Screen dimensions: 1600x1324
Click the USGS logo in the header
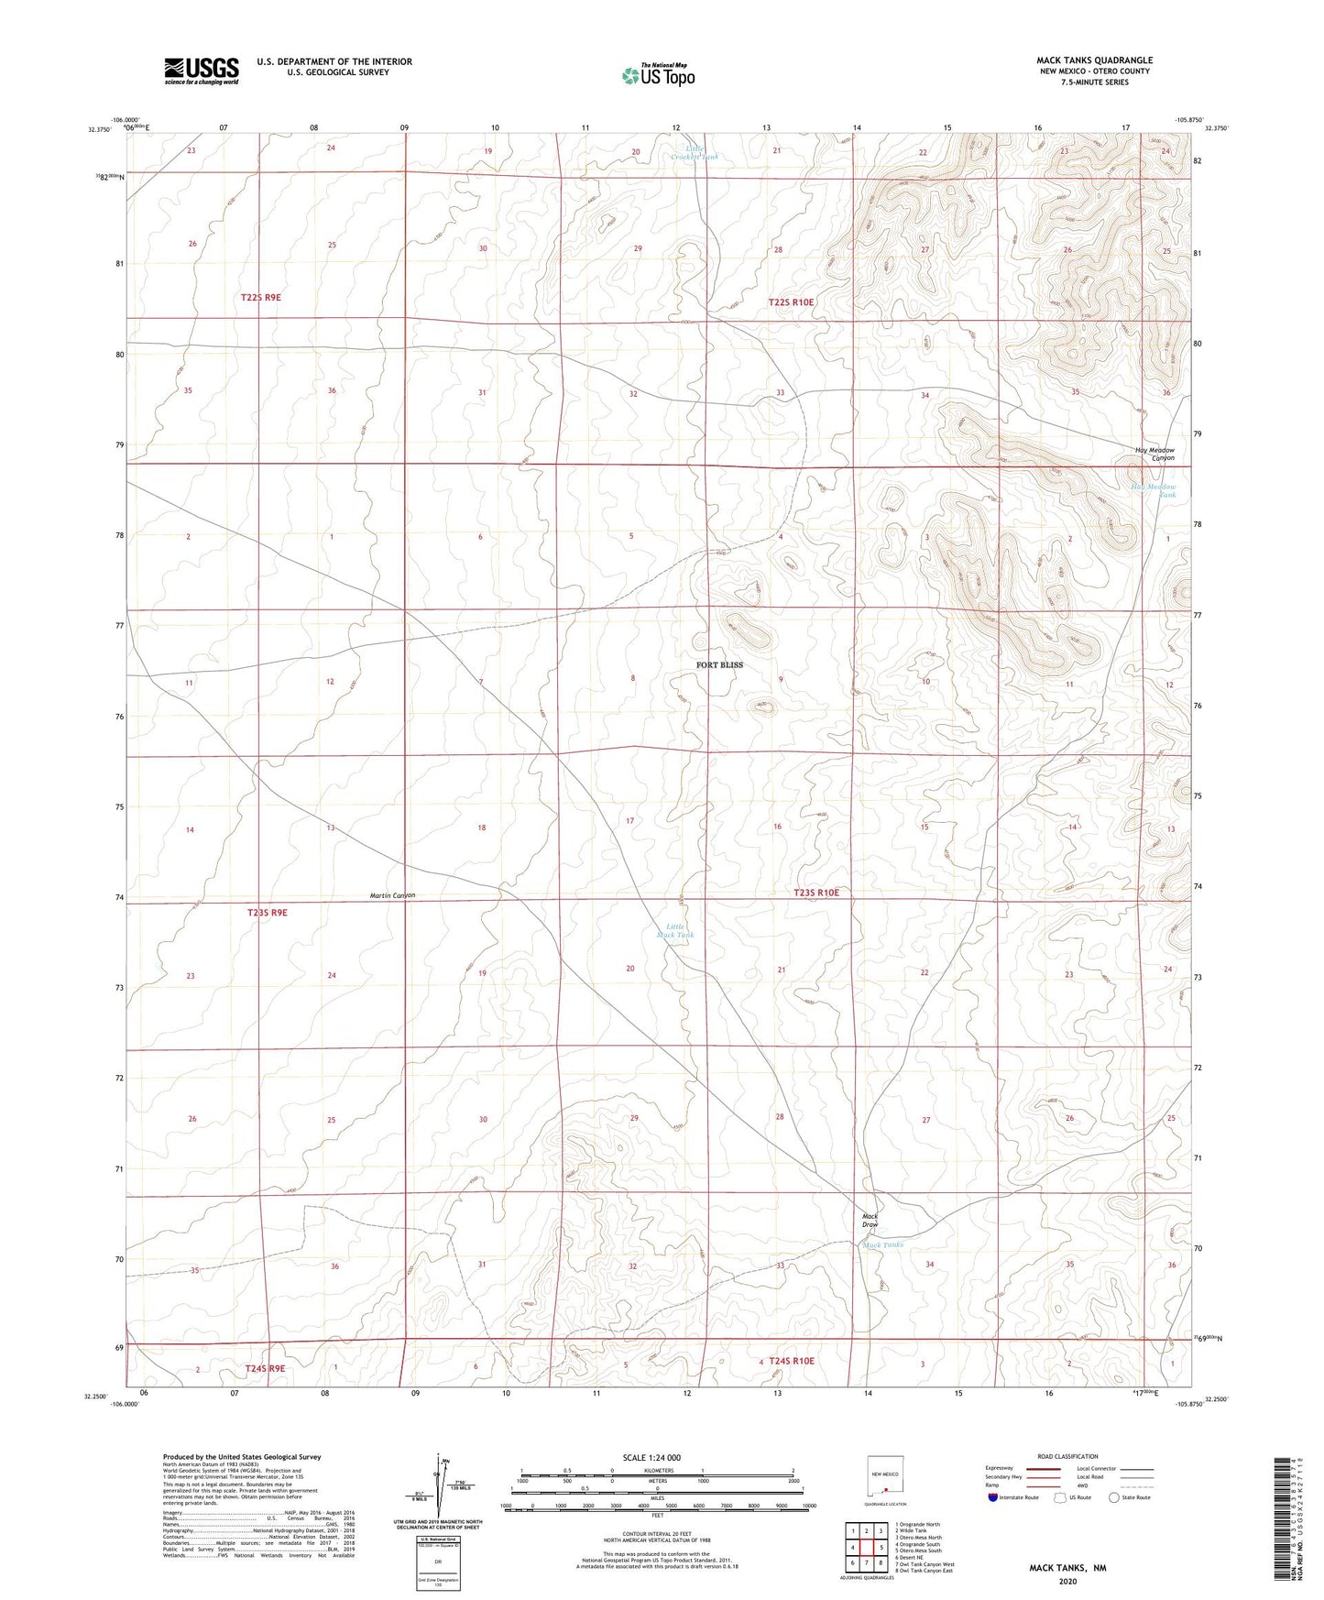click(202, 70)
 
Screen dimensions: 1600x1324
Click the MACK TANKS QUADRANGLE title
click(1094, 60)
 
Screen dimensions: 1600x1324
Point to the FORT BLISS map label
click(719, 665)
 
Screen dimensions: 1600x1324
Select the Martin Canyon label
click(392, 895)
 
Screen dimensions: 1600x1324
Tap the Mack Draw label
click(870, 1221)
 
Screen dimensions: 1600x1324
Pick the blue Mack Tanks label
click(883, 1244)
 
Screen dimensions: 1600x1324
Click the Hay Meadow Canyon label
click(1154, 454)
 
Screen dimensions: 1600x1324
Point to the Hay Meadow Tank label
click(1154, 491)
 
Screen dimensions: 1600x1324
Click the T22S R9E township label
click(261, 298)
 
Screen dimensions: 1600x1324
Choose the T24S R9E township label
click(265, 1368)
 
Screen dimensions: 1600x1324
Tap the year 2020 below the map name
click(1067, 1582)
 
